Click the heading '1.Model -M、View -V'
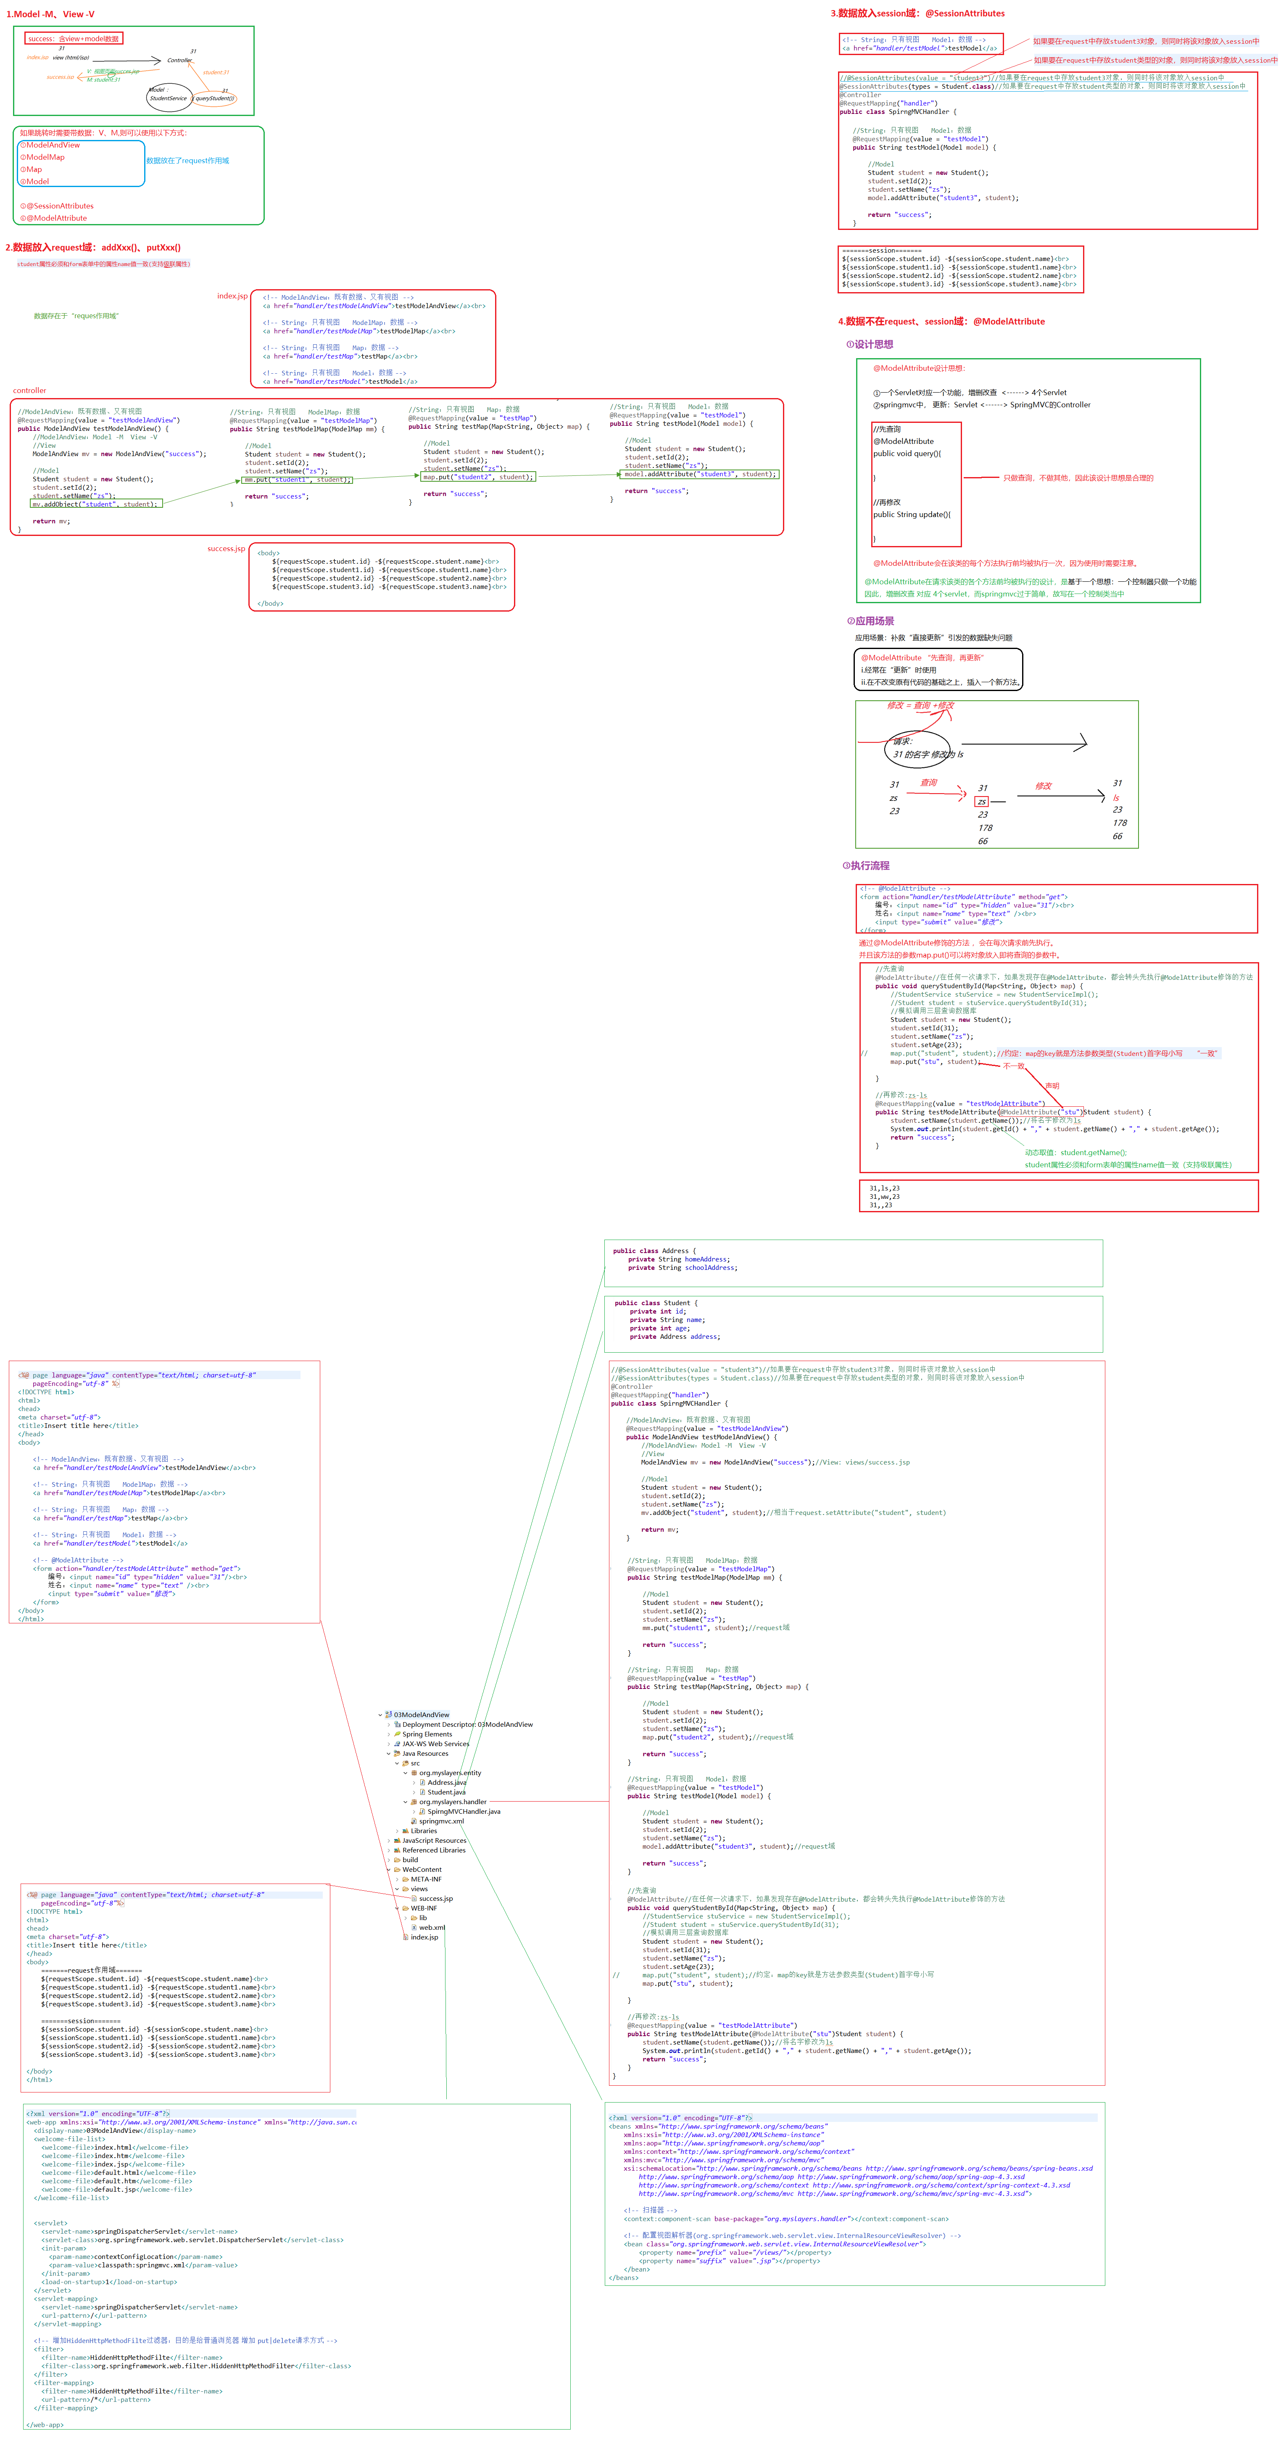(50, 14)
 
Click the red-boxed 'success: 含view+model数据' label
(74, 39)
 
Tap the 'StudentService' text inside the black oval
(169, 98)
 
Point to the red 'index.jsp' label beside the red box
(232, 296)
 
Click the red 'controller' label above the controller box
(29, 390)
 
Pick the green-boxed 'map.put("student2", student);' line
(478, 477)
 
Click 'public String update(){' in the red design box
(911, 515)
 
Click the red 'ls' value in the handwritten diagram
(1116, 798)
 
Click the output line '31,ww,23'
(885, 1196)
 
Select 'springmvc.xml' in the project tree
(441, 1821)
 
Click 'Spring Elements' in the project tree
(427, 1734)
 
